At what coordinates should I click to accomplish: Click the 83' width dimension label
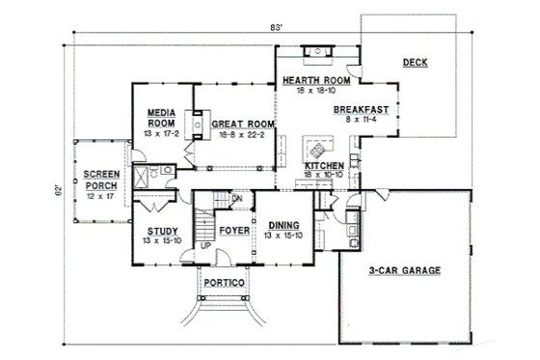277,29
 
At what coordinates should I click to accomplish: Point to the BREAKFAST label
361,111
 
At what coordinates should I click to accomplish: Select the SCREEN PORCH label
100,178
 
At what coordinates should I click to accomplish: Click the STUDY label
160,231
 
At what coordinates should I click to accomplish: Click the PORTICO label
227,283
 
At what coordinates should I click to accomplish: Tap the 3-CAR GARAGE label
404,271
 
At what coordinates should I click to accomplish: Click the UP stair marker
205,246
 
